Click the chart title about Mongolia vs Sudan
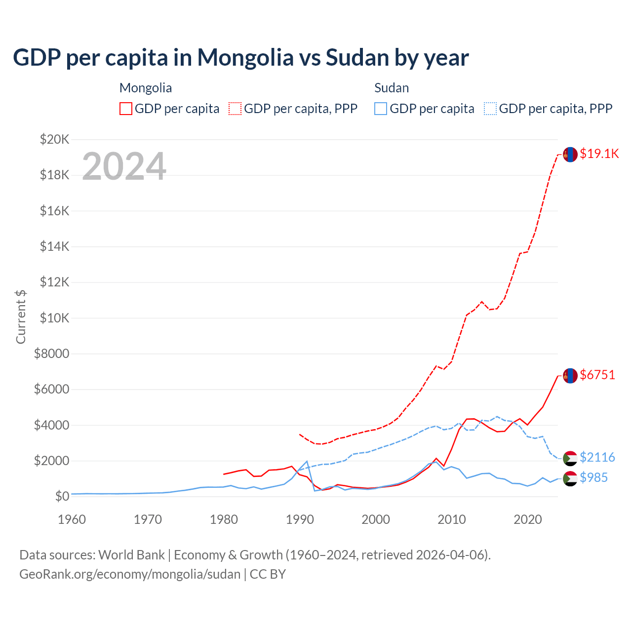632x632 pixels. [x=240, y=58]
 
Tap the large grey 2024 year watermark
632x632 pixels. [x=124, y=166]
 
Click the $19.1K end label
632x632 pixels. [x=599, y=154]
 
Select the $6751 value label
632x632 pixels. [x=597, y=375]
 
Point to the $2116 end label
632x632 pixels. [x=597, y=457]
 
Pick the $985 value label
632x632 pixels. [x=593, y=477]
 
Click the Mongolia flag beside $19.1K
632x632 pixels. [x=570, y=155]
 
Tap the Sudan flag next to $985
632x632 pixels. [x=570, y=478]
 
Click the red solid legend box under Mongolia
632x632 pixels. [x=126, y=109]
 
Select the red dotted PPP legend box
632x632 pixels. [x=236, y=109]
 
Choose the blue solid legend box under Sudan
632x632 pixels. [x=381, y=109]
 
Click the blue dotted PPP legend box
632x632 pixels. [x=490, y=109]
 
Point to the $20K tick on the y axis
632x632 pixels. [x=54, y=139]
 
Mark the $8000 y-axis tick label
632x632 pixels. [x=51, y=354]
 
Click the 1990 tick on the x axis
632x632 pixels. [x=300, y=519]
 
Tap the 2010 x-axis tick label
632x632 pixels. [x=452, y=519]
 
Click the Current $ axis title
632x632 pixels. [x=21, y=316]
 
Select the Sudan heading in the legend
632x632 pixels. [x=392, y=88]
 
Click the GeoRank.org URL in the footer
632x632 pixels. [x=130, y=574]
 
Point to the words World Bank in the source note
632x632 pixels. [x=131, y=555]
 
